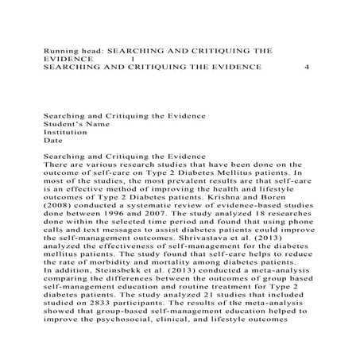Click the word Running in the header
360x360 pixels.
click(x=62, y=48)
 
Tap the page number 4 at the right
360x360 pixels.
click(x=307, y=68)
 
